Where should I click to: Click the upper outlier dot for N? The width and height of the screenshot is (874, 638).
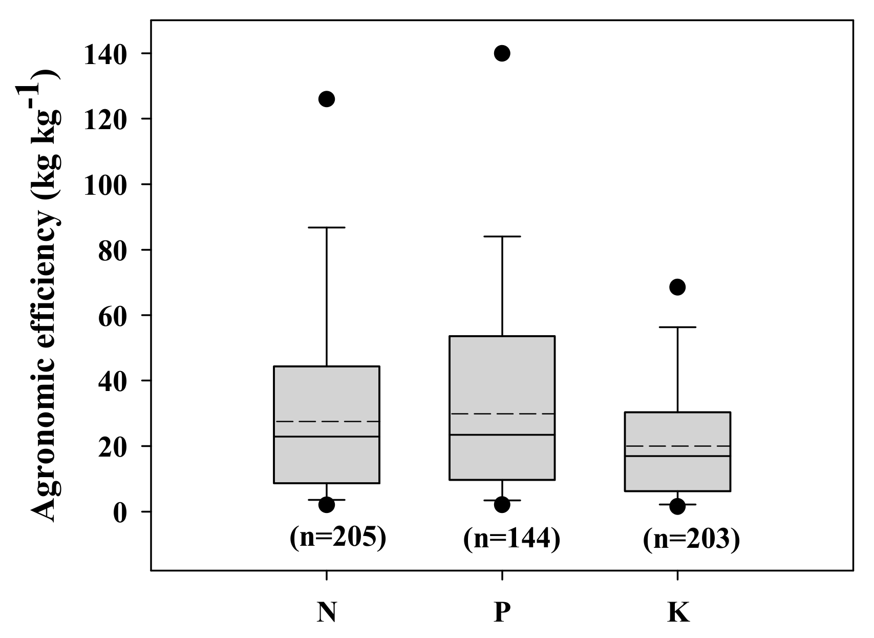(327, 99)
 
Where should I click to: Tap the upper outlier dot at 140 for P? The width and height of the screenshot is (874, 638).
(502, 53)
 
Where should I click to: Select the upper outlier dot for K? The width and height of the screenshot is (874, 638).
(677, 287)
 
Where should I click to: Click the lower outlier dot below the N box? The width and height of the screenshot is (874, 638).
(327, 505)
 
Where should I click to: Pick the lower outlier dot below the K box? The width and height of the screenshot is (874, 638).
(677, 507)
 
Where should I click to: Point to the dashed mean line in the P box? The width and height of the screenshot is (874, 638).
(502, 414)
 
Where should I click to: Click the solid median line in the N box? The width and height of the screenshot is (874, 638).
(327, 437)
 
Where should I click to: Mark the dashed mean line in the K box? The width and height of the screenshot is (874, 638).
(677, 446)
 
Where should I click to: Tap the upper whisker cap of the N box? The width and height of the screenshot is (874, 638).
(327, 227)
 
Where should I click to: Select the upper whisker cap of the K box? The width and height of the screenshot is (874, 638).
(677, 327)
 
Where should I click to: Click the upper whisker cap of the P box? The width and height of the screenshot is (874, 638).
(502, 236)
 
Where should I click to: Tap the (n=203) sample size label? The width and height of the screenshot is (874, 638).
(692, 540)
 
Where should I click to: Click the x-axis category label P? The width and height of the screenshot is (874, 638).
(502, 612)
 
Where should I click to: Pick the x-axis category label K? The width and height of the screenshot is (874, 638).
(678, 612)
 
